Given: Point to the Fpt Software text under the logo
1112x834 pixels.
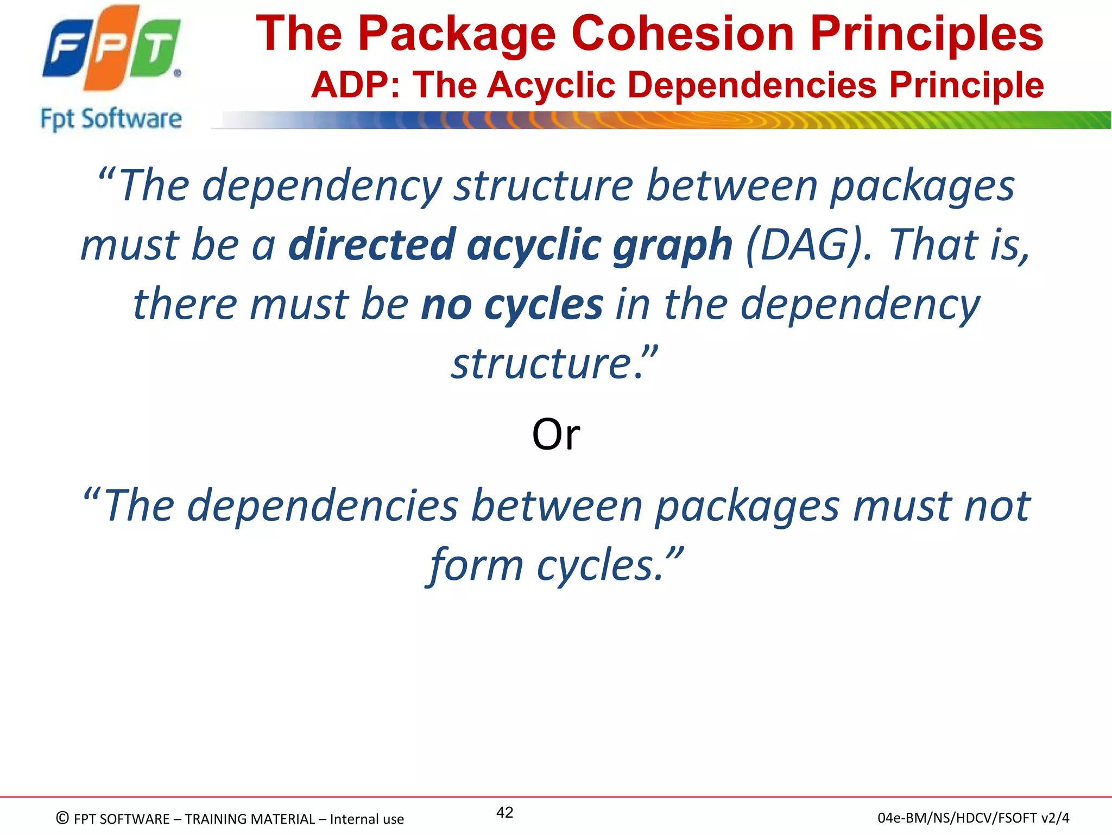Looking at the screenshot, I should pyautogui.click(x=111, y=119).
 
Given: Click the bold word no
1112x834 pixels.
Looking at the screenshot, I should pyautogui.click(x=446, y=304).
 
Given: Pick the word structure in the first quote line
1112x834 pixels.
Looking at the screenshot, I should pyautogui.click(x=543, y=186).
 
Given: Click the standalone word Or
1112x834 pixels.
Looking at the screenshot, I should pyautogui.click(x=555, y=434).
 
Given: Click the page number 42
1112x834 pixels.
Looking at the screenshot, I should pyautogui.click(x=504, y=812).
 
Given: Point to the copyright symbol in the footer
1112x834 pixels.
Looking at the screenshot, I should pyautogui.click(x=62, y=818).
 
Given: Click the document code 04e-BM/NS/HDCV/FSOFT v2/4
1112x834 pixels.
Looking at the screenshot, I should pyautogui.click(x=973, y=818).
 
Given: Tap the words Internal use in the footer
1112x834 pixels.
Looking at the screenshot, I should pyautogui.click(x=367, y=819).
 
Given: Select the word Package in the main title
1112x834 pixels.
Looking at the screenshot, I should pyautogui.click(x=457, y=34).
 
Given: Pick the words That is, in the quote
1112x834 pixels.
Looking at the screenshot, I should pyautogui.click(x=958, y=244).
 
